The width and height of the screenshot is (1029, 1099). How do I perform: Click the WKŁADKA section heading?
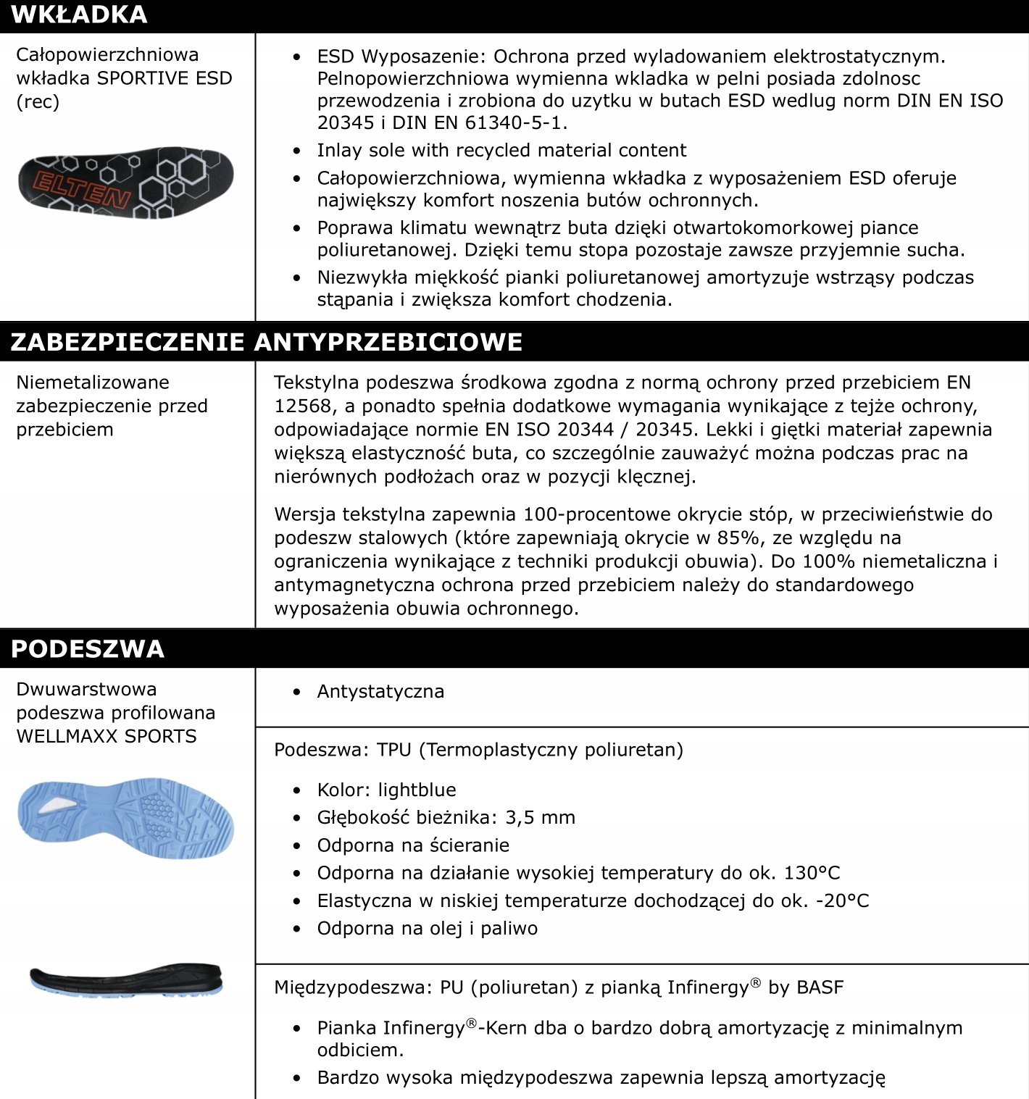point(79,14)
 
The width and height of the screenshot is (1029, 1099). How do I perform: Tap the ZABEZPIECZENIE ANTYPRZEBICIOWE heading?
point(266,341)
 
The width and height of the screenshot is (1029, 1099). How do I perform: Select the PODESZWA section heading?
point(88,648)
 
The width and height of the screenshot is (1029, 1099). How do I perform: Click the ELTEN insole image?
point(125,183)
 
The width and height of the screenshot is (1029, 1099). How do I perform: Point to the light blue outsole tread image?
point(125,818)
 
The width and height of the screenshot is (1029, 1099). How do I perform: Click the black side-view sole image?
point(126,979)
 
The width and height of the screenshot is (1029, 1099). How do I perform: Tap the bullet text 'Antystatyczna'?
point(380,691)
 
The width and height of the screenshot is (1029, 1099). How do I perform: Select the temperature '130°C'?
point(812,872)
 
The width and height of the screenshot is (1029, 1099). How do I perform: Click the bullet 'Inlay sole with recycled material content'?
point(501,150)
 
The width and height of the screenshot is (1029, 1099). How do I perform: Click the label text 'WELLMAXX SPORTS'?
point(107,736)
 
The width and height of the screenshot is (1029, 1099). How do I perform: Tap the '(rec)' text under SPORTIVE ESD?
point(38,101)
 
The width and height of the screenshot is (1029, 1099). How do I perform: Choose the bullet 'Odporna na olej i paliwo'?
point(427,928)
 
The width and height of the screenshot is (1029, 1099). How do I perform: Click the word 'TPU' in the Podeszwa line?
point(393,749)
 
